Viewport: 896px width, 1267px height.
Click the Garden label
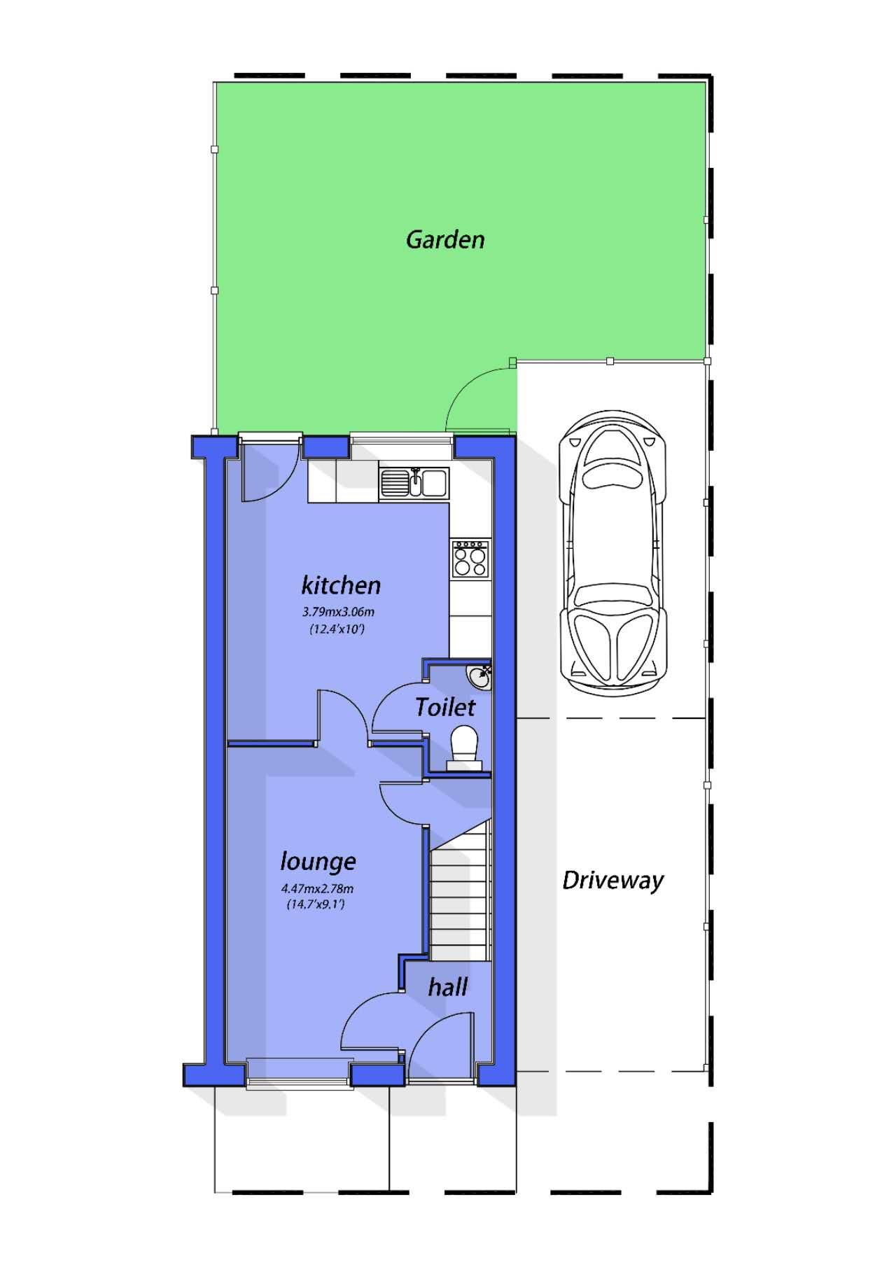click(445, 239)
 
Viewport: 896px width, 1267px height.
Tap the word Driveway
click(612, 880)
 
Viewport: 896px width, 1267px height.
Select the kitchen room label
click(341, 584)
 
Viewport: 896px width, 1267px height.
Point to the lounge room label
click(318, 861)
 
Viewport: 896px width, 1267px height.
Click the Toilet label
click(444, 707)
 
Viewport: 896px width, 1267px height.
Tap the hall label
click(447, 987)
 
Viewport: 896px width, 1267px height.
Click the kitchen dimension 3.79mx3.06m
click(338, 612)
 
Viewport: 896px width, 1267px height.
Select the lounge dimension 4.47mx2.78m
click(317, 889)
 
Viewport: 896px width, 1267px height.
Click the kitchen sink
click(414, 482)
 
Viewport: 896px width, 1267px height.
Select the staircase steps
click(458, 903)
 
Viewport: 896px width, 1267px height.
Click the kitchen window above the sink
click(402, 439)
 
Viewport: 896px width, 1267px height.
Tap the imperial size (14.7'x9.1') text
click(316, 904)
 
